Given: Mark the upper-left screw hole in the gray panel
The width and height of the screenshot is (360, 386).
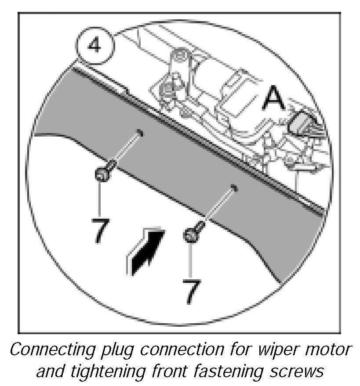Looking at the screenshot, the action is pyautogui.click(x=139, y=132).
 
